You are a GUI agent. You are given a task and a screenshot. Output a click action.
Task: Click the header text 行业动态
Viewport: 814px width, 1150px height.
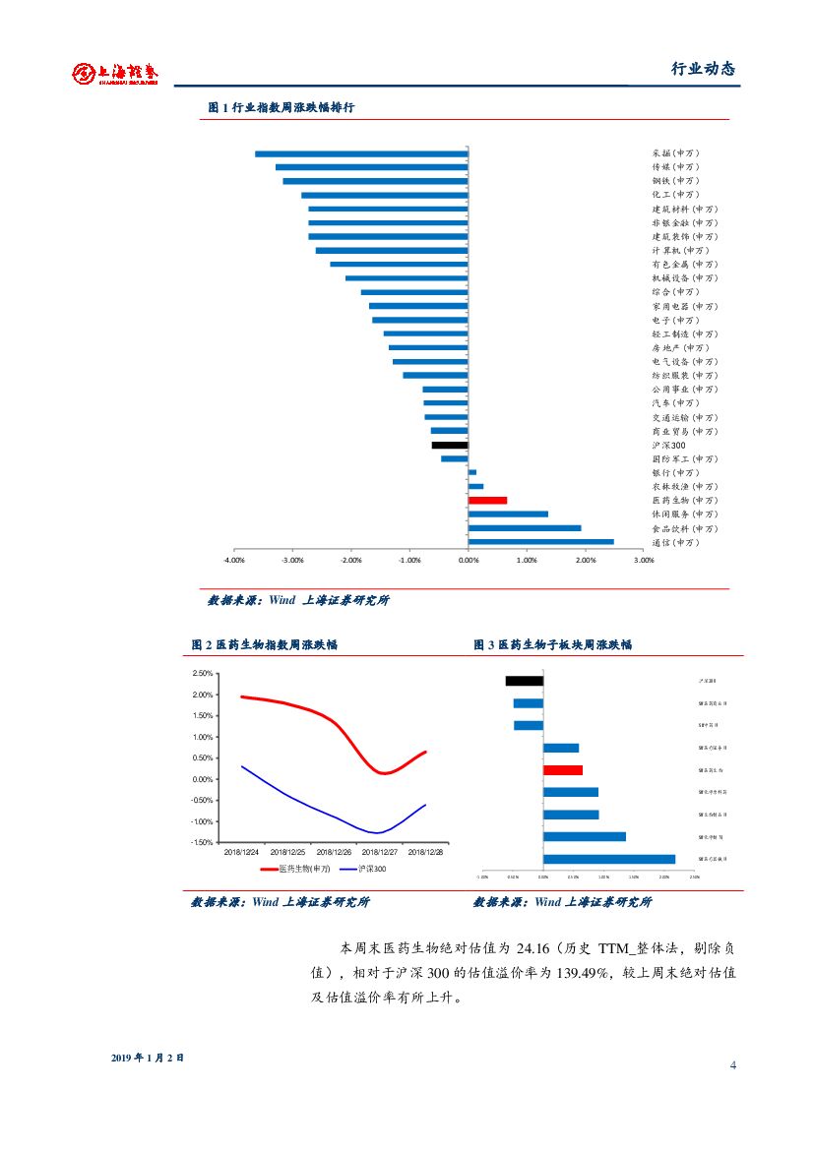coord(703,69)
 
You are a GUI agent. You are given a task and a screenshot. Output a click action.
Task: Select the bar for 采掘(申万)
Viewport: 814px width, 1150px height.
coord(361,153)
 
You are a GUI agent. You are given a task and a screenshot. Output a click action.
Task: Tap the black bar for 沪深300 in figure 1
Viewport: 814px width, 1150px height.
coord(450,445)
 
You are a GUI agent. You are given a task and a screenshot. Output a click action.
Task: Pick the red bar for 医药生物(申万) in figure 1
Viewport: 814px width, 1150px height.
coord(487,501)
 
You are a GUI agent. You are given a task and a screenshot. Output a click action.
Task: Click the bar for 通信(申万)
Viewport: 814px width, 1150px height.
coord(540,542)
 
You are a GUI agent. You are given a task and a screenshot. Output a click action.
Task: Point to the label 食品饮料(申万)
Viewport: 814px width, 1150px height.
coord(684,528)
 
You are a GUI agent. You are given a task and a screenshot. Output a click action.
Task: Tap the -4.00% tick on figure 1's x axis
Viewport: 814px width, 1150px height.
coord(234,560)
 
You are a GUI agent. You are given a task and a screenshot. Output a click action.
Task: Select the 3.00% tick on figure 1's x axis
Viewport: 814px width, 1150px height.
coord(643,560)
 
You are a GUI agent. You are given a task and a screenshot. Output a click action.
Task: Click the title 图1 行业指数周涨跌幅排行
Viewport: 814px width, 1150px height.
coord(282,107)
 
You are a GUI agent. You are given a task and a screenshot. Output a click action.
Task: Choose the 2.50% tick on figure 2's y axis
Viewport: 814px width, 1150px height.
coord(203,674)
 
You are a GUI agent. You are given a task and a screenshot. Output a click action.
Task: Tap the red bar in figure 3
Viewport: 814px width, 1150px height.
coord(562,770)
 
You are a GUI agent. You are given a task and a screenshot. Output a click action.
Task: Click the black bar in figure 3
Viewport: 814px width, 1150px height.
coord(524,681)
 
